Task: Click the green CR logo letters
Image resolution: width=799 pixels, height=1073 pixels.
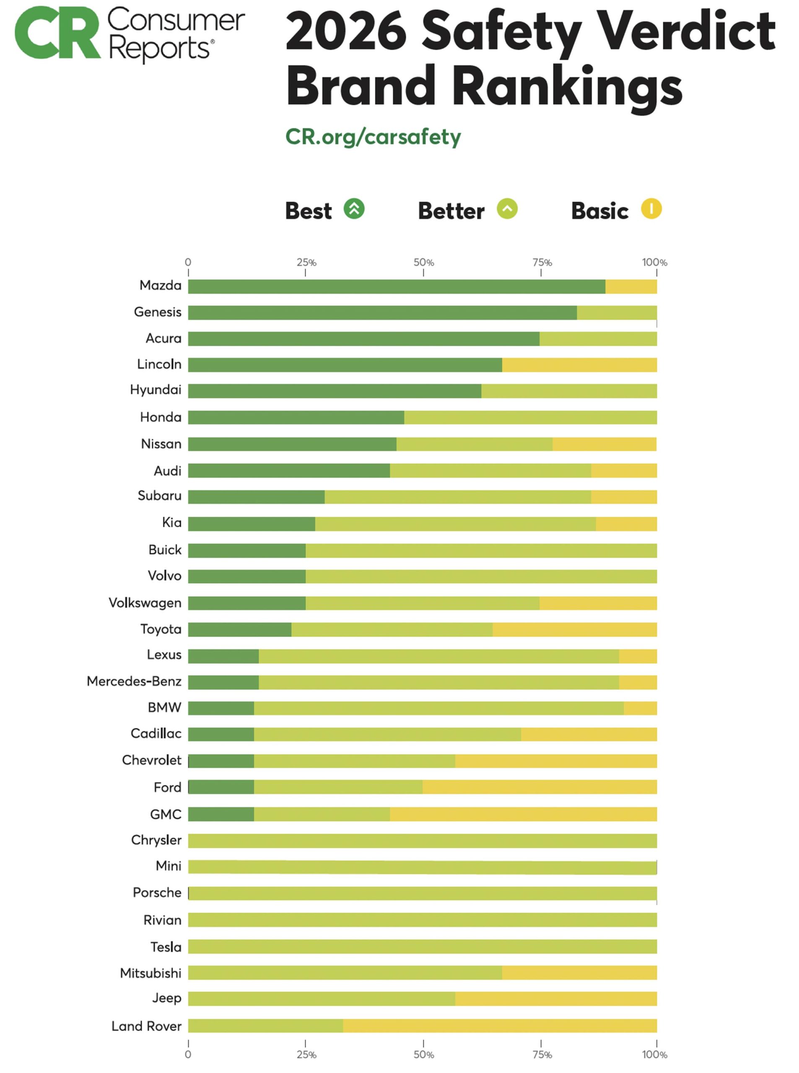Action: point(57,33)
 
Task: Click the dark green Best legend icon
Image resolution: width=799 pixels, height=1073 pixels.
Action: point(354,209)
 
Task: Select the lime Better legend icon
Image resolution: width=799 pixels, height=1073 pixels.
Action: point(507,209)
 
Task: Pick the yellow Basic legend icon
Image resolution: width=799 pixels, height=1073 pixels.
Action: point(651,209)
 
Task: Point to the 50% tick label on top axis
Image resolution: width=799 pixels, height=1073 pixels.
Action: point(423,262)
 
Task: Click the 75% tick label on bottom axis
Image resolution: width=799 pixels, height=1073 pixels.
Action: point(542,1054)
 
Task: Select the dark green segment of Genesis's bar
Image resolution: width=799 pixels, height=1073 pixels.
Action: point(382,313)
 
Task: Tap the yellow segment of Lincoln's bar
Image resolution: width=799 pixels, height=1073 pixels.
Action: point(579,365)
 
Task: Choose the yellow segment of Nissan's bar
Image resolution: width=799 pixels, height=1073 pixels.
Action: point(604,444)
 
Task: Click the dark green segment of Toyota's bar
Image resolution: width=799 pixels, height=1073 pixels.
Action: point(239,630)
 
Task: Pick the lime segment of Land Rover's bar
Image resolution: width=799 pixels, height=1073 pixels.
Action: point(265,1026)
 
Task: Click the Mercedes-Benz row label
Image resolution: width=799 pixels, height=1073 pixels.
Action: point(134,682)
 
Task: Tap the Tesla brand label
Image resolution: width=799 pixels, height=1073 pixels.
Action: point(166,947)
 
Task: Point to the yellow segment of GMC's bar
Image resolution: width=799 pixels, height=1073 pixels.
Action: point(523,814)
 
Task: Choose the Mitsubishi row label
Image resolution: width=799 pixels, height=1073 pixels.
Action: point(150,973)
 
